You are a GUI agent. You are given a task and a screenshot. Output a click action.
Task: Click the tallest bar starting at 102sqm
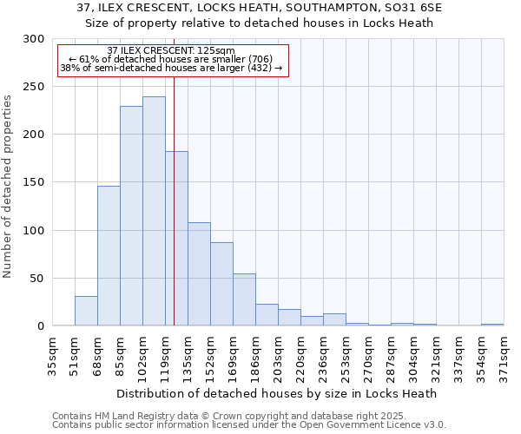(154, 211)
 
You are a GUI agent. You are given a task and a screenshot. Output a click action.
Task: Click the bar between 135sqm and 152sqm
(199, 273)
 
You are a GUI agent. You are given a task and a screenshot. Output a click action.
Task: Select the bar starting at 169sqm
(244, 299)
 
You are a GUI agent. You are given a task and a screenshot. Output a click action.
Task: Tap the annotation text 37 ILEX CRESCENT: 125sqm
(171, 51)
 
